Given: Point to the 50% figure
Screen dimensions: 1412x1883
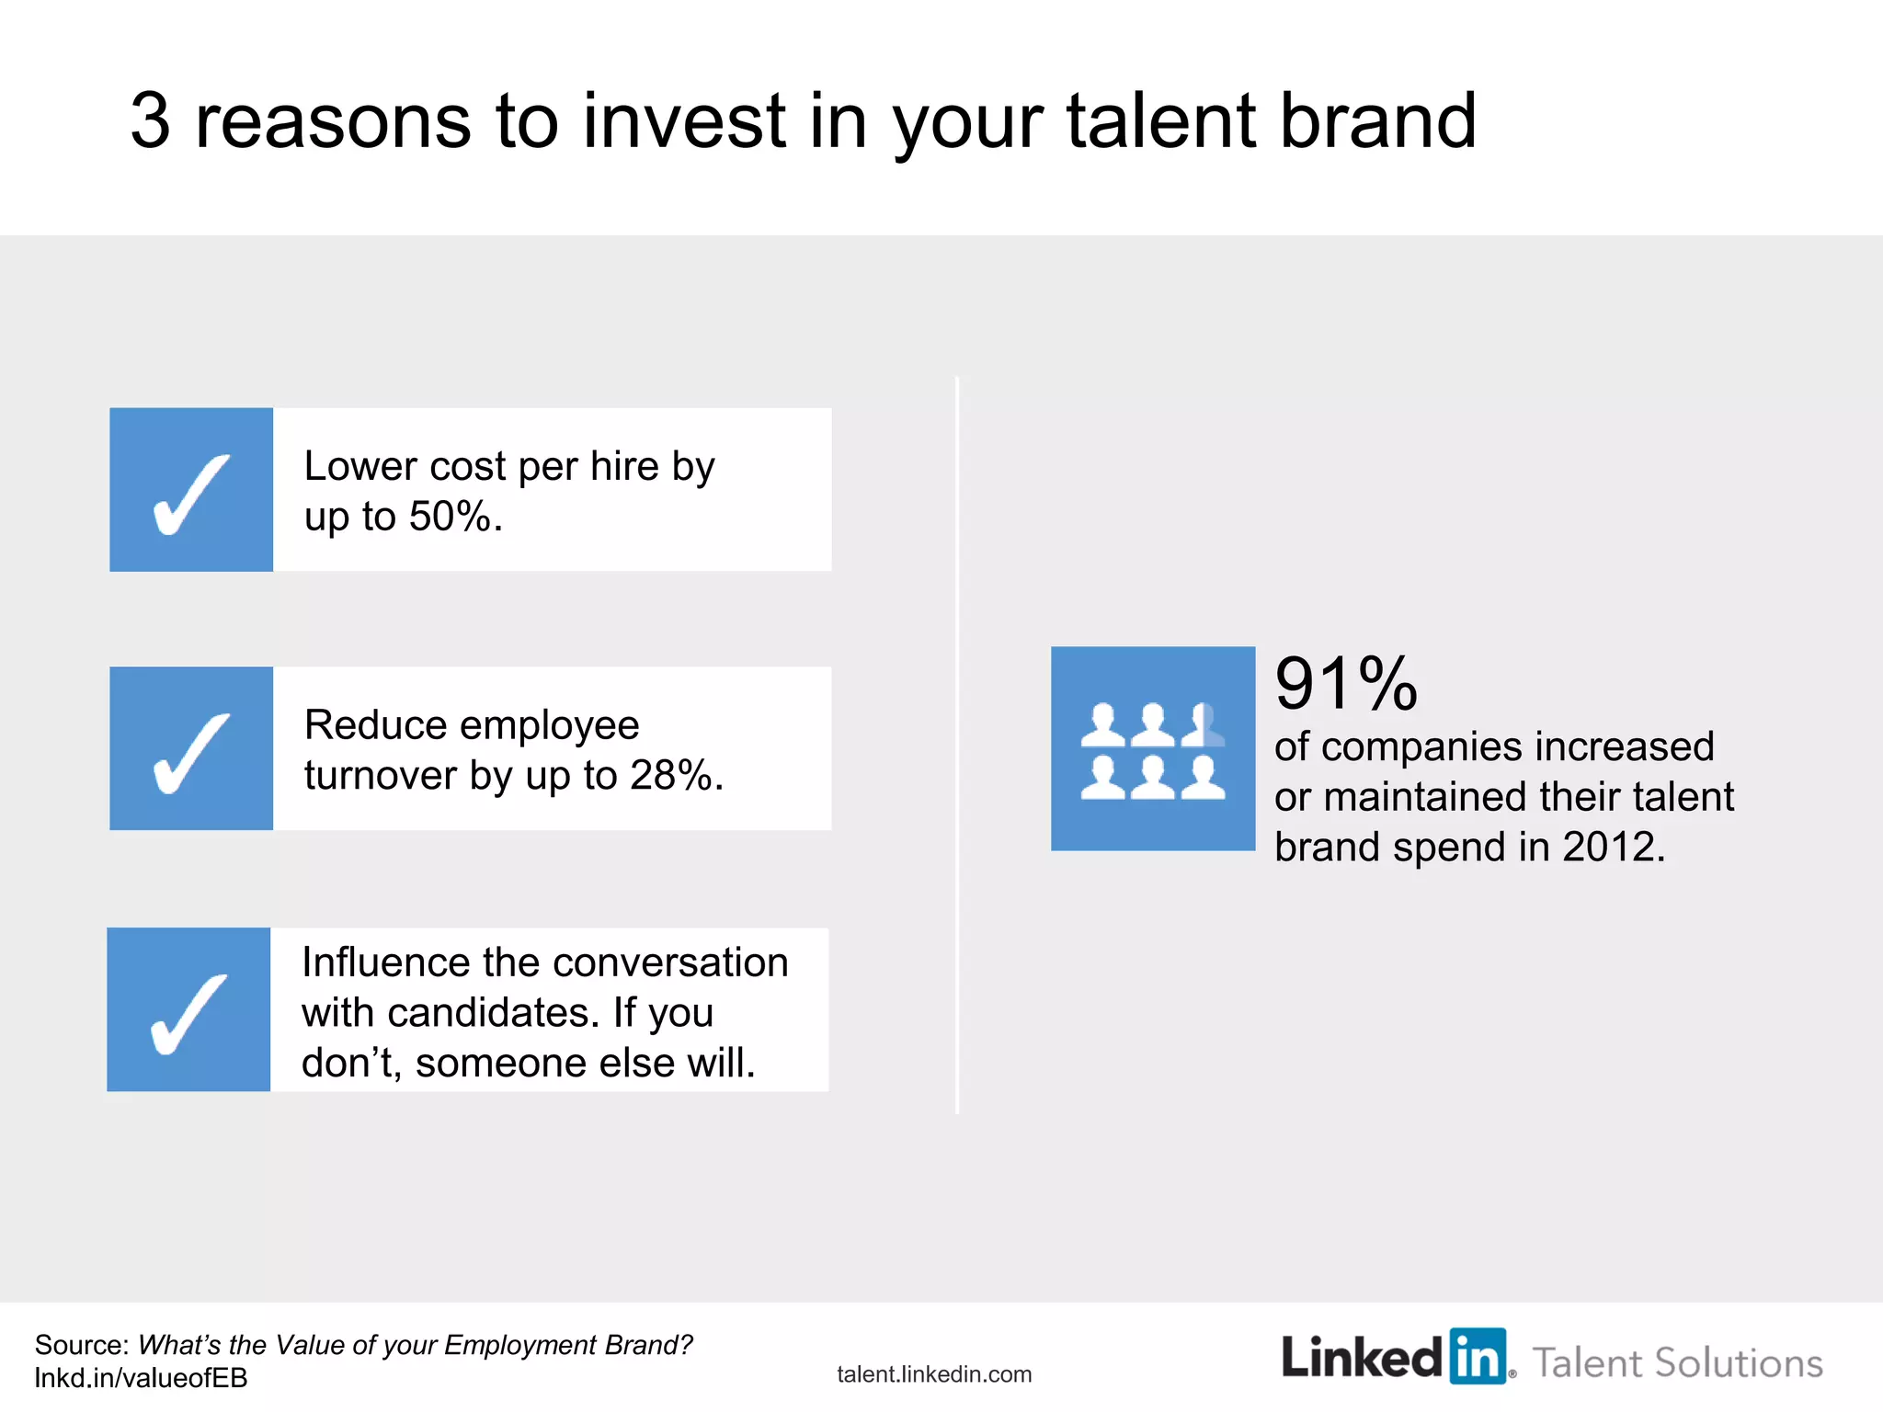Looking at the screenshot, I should pyautogui.click(x=449, y=517).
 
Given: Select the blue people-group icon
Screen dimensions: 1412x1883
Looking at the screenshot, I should pyautogui.click(x=1153, y=748).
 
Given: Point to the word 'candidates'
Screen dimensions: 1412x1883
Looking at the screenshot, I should pyautogui.click(x=488, y=1013).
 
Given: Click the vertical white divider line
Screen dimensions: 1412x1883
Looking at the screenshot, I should pyautogui.click(x=957, y=745).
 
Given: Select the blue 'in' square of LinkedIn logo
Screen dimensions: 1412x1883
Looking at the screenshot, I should pyautogui.click(x=1478, y=1355).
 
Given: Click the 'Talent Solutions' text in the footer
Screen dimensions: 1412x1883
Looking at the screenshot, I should pyautogui.click(x=1677, y=1362).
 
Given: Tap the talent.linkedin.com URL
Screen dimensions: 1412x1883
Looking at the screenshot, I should pyautogui.click(x=934, y=1374).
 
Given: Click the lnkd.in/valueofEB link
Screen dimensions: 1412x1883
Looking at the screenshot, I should pyautogui.click(x=141, y=1378).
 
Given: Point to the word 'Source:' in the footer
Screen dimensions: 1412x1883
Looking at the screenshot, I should pyautogui.click(x=82, y=1345).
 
